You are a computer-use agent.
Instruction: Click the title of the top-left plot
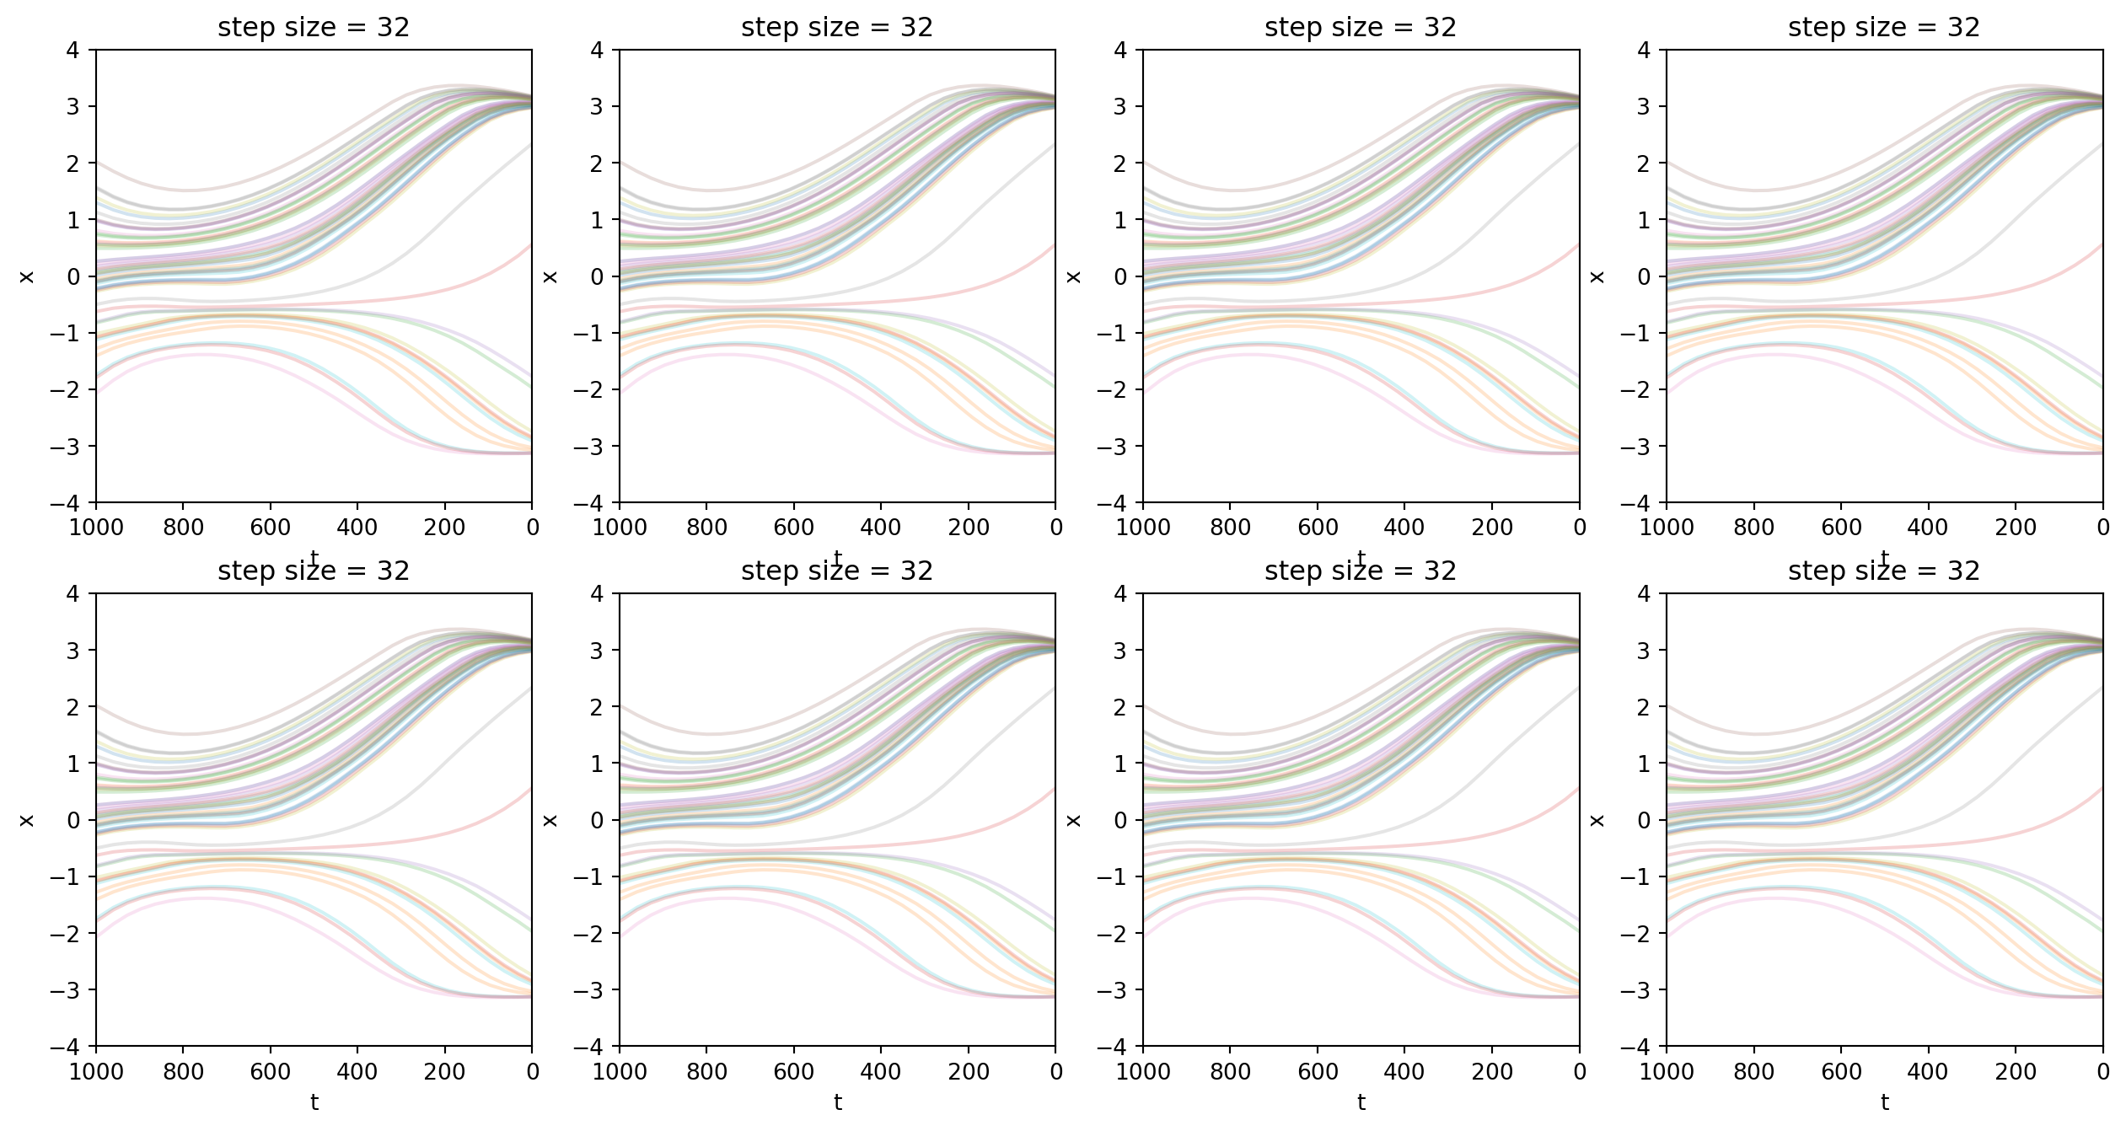click(x=314, y=28)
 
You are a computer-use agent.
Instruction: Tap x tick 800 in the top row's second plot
click(x=706, y=528)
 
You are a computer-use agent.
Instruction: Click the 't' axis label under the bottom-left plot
click(x=314, y=1102)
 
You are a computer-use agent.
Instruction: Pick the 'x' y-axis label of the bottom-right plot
click(x=1597, y=820)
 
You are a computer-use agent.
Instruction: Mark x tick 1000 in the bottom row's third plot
click(x=1143, y=1072)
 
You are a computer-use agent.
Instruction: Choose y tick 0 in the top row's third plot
click(x=1120, y=276)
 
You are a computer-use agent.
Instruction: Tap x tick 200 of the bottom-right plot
click(x=2016, y=1072)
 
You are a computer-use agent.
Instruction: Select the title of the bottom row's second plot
click(x=837, y=571)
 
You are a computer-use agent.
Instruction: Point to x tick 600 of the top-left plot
click(x=270, y=528)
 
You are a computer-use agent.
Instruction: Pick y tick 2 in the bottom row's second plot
click(x=597, y=707)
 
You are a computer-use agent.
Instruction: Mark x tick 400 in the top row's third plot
click(x=1404, y=528)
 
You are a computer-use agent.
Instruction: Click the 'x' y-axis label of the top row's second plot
click(x=550, y=276)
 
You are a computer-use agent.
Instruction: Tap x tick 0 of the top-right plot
click(x=2103, y=528)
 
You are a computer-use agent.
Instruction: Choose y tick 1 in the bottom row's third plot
click(x=1120, y=764)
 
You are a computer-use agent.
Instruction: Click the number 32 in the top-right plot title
click(x=1963, y=28)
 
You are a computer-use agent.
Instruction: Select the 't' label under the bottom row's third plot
click(x=1361, y=1102)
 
